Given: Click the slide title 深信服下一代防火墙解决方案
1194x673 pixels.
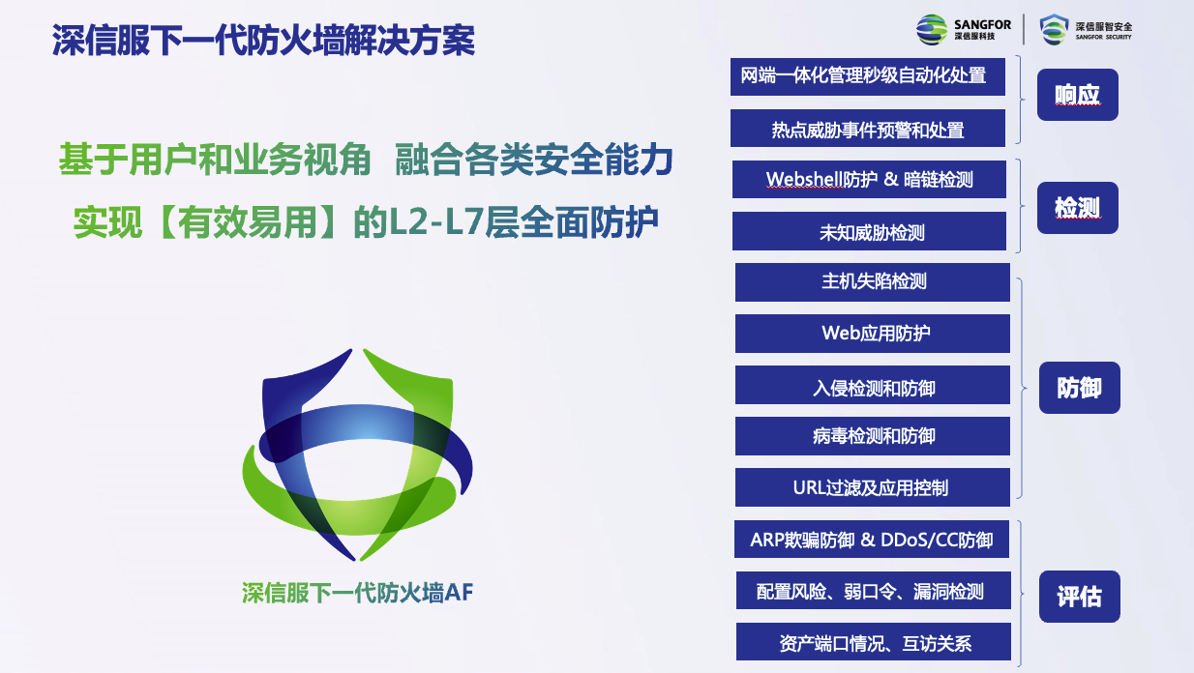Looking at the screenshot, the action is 263,40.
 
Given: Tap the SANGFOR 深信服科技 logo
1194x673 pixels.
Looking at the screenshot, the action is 963,29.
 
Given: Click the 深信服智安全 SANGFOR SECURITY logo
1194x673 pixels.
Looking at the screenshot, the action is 1086,29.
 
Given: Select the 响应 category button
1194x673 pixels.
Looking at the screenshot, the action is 1077,95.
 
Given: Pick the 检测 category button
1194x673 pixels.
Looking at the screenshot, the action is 1077,208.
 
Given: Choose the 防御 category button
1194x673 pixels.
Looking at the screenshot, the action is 1080,388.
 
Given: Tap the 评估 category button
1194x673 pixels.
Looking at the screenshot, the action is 1080,597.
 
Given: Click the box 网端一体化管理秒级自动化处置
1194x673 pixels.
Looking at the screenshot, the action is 867,76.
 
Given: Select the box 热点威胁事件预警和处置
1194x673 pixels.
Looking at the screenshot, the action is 867,129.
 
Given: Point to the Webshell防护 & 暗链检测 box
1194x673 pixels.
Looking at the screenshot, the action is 869,180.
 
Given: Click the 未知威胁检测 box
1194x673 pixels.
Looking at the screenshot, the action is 869,231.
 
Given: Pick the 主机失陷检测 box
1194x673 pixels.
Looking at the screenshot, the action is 873,282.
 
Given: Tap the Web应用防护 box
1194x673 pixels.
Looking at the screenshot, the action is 873,334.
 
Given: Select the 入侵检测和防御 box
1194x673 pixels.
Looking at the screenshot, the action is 873,385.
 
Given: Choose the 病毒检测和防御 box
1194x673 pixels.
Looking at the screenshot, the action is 873,436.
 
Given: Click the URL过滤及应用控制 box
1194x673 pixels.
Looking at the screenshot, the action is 873,487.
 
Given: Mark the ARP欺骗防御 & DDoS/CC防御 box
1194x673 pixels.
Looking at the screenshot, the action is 872,540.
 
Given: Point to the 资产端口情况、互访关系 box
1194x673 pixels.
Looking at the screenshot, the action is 873,641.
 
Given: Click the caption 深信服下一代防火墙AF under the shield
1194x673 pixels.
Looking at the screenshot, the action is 357,593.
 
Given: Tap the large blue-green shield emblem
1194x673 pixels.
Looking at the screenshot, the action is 357,454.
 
